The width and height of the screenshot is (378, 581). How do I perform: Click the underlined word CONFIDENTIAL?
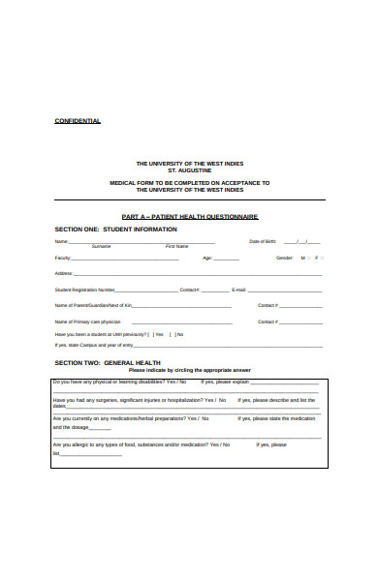[x=77, y=121]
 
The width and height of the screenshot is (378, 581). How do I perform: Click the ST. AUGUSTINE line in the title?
[x=189, y=169]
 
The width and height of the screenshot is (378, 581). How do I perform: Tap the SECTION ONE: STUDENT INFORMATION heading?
[x=115, y=229]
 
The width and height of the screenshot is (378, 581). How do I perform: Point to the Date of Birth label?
[x=263, y=241]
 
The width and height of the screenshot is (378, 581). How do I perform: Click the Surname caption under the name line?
[x=101, y=247]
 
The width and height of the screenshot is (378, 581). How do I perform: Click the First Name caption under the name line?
[x=176, y=247]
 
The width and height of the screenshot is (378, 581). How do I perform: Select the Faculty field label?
[x=63, y=259]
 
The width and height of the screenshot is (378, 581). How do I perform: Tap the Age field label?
[x=206, y=259]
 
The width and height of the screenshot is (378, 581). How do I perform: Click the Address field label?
[x=64, y=274]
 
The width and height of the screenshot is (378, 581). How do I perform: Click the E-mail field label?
[x=238, y=290]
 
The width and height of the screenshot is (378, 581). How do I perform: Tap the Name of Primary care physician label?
[x=88, y=321]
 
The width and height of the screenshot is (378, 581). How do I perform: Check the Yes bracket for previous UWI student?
[x=149, y=334]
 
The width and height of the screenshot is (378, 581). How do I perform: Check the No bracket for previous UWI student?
[x=172, y=334]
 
